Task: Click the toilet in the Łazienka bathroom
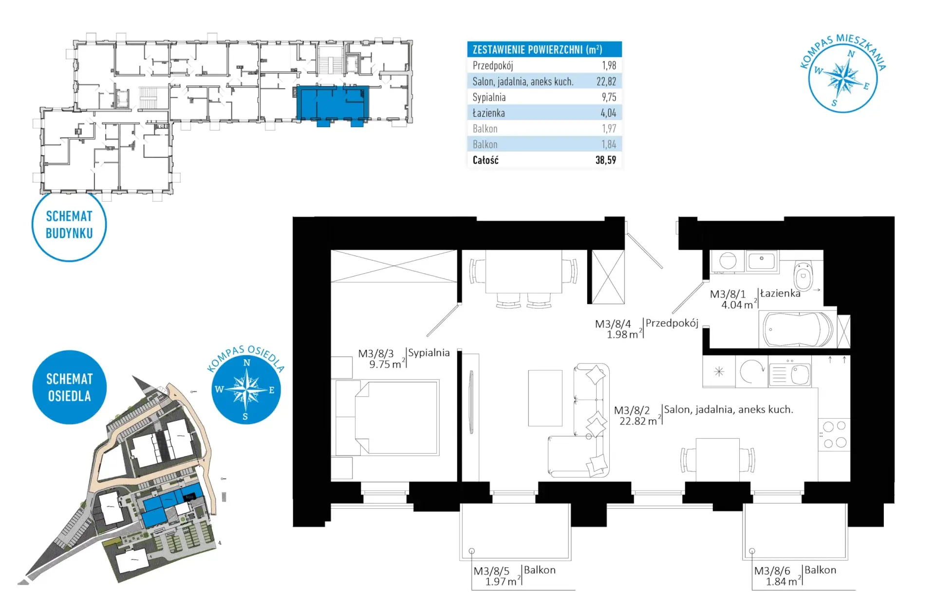point(803,276)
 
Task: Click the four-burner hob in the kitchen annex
point(834,434)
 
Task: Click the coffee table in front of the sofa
point(545,398)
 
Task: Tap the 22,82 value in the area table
point(606,81)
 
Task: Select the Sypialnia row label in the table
point(489,97)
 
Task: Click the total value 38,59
point(606,160)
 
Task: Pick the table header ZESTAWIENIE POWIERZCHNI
point(537,49)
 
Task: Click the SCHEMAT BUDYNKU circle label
point(69,225)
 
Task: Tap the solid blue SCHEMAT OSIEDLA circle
point(69,387)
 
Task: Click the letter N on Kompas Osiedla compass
point(247,362)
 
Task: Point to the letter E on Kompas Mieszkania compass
point(866,86)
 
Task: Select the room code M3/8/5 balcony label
point(491,571)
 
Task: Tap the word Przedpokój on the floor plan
point(672,323)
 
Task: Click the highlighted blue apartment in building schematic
point(333,103)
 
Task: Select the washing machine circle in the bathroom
point(728,261)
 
